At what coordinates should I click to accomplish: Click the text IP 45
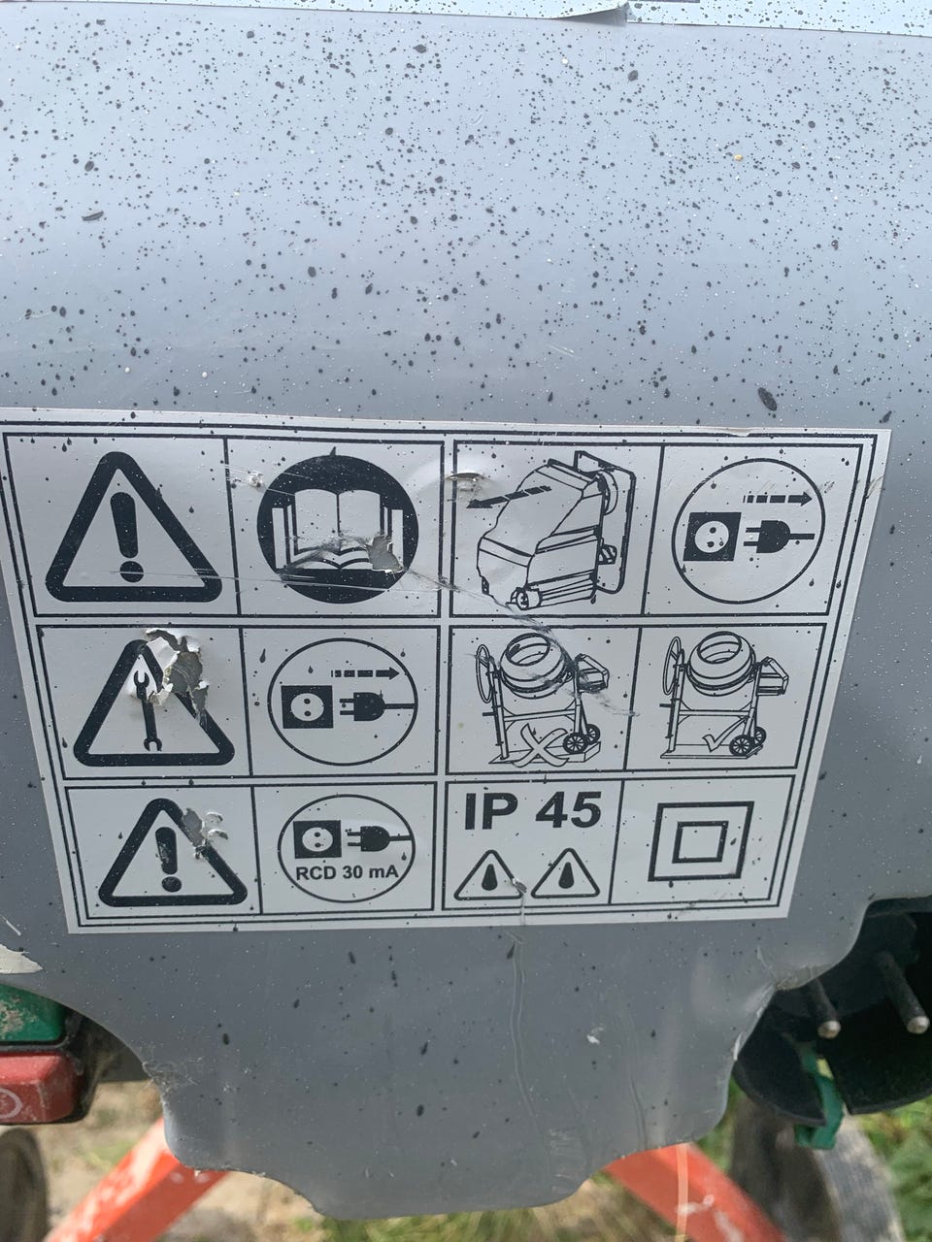pyautogui.click(x=532, y=810)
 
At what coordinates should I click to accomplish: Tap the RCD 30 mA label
pyautogui.click(x=347, y=873)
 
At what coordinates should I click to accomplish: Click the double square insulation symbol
pyautogui.click(x=701, y=842)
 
